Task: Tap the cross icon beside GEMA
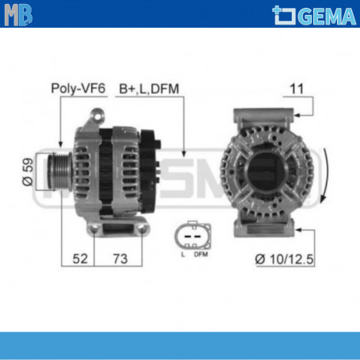point(282,13)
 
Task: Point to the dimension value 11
point(294,89)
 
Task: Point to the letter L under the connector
point(182,253)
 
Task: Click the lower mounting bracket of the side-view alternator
point(119,229)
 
